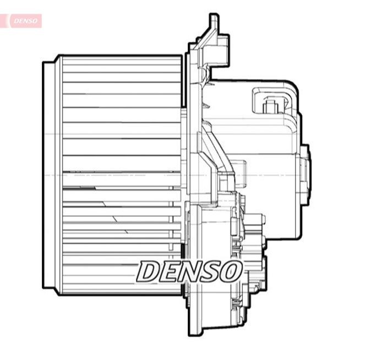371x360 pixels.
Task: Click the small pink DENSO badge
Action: [x=24, y=21]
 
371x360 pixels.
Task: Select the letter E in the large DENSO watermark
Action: [x=168, y=271]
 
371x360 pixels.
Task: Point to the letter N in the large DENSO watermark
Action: [x=189, y=271]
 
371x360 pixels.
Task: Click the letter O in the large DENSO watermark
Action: [x=230, y=271]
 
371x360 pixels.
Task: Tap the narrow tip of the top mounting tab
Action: [x=213, y=20]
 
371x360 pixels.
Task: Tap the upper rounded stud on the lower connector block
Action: [x=255, y=220]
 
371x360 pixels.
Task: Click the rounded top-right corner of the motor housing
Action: [x=292, y=88]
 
